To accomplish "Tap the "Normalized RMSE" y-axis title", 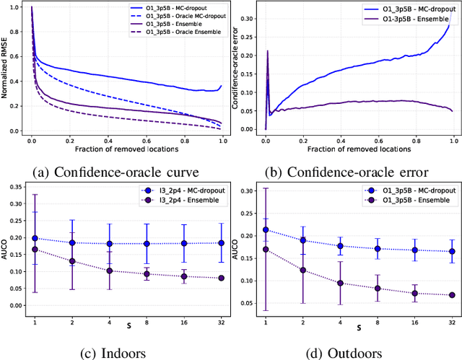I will [x=6, y=69].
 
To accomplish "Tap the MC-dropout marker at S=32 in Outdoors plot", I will [x=451, y=251].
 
